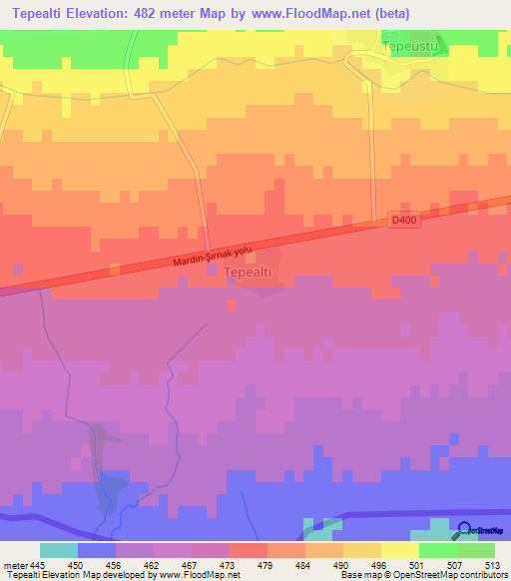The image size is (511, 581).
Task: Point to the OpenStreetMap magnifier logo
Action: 465,530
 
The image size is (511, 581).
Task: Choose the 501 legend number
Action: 399,564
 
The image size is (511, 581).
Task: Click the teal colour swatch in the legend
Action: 58,550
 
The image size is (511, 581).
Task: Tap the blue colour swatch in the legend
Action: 96,550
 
